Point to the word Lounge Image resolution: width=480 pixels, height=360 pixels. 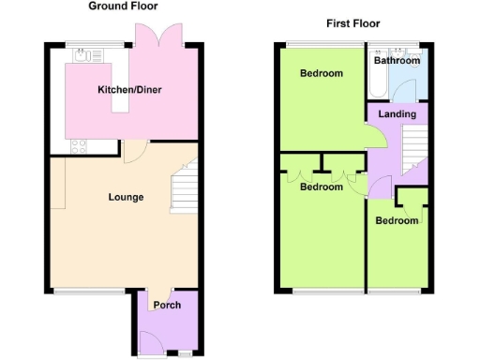click(x=126, y=198)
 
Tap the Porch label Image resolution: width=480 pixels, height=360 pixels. click(x=167, y=305)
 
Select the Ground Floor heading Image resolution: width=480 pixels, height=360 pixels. click(x=123, y=6)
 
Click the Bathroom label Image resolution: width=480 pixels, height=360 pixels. click(x=396, y=60)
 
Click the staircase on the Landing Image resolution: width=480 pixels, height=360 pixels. click(x=413, y=150)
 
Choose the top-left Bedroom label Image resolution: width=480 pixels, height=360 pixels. click(x=321, y=73)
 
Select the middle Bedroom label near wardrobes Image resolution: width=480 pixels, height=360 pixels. click(x=321, y=187)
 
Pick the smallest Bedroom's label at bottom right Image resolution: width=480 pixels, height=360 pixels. click(x=397, y=220)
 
